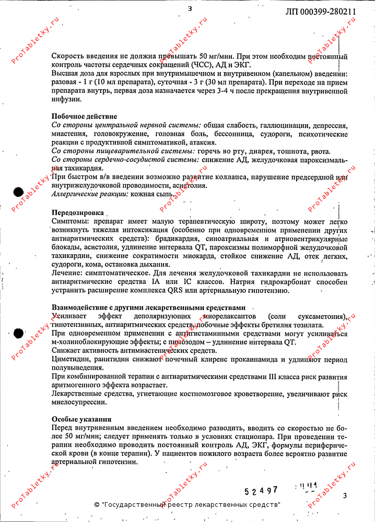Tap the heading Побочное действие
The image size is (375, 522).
[84, 116]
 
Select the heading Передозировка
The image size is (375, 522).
[77, 212]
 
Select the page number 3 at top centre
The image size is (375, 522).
[190, 8]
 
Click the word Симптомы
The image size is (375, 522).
[69, 221]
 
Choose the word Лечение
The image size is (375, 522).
[65, 273]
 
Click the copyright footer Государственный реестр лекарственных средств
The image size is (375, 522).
[187, 505]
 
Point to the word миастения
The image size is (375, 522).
[68, 134]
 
